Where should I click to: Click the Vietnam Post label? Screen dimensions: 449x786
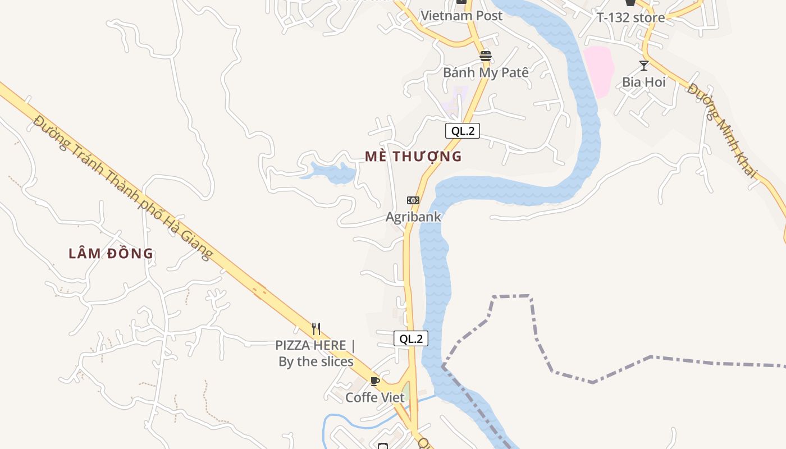(x=461, y=16)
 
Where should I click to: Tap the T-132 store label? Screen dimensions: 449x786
(x=630, y=17)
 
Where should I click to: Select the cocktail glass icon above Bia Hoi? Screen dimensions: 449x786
(x=644, y=66)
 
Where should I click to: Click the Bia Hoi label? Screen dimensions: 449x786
(x=643, y=82)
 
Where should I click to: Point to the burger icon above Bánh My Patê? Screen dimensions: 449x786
(x=486, y=56)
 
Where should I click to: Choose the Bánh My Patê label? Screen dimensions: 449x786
(x=486, y=72)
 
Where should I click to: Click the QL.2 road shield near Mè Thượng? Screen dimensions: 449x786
(x=463, y=131)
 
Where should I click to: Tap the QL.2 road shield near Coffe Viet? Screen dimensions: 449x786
(x=411, y=338)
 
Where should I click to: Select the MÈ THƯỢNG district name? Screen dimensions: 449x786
(x=413, y=157)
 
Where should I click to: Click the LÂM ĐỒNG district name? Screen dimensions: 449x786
(x=111, y=253)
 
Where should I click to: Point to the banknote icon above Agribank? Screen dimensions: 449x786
(x=413, y=200)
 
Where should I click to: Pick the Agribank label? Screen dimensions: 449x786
(x=413, y=217)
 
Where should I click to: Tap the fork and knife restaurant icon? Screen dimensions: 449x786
(x=316, y=329)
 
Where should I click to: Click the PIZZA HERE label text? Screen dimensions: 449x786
(x=316, y=353)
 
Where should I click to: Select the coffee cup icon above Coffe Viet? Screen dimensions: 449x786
(x=375, y=382)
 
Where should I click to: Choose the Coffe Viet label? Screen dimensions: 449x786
(x=374, y=397)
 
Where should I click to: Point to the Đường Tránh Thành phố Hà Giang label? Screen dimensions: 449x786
(x=123, y=187)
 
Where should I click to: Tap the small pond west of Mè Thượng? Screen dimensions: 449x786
(x=331, y=173)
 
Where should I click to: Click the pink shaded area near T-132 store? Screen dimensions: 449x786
(x=598, y=70)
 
